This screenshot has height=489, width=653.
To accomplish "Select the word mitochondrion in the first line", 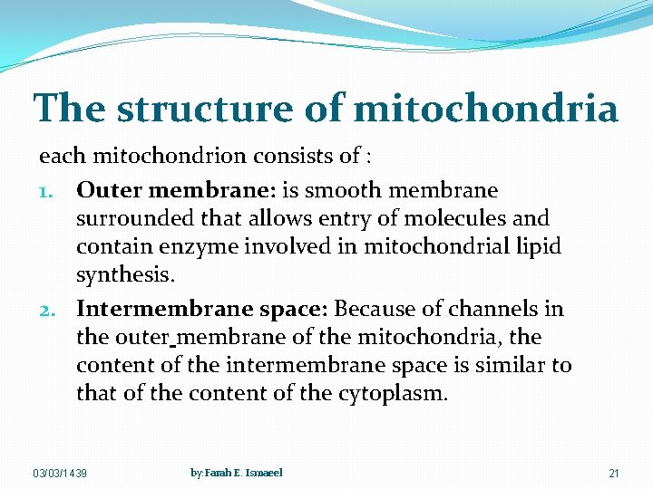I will [147, 156].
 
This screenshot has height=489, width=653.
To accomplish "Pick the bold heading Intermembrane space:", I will [202, 309].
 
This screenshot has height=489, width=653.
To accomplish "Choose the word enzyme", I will [186, 246].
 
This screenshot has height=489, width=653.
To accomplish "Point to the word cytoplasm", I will [395, 394].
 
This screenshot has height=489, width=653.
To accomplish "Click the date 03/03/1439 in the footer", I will [60, 474].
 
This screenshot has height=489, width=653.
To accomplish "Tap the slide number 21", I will [614, 474].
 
